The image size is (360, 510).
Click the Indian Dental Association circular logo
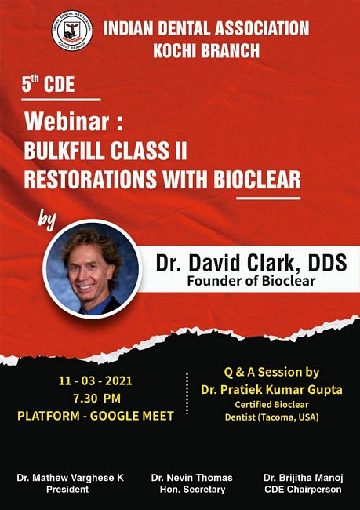[72, 31]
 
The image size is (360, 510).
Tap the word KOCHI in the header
[173, 50]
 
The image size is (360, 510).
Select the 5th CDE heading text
[48, 84]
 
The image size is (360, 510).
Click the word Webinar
[67, 122]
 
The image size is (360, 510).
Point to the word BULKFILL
[64, 151]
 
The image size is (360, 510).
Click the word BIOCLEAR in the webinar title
[257, 180]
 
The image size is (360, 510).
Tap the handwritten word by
[48, 222]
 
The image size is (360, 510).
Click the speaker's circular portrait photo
[92, 268]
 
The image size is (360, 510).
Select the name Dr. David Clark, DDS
[252, 263]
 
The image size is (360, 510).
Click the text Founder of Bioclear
[251, 281]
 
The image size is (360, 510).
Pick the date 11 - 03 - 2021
[96, 381]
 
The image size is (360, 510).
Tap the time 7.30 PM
[97, 398]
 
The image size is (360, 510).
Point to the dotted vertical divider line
[187, 393]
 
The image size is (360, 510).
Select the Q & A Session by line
[271, 373]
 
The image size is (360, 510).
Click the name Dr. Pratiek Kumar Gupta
[271, 390]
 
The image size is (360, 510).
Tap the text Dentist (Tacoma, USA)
[271, 417]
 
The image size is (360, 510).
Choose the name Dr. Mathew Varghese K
[71, 478]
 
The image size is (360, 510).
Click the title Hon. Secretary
[192, 490]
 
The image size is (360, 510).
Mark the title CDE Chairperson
[303, 490]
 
